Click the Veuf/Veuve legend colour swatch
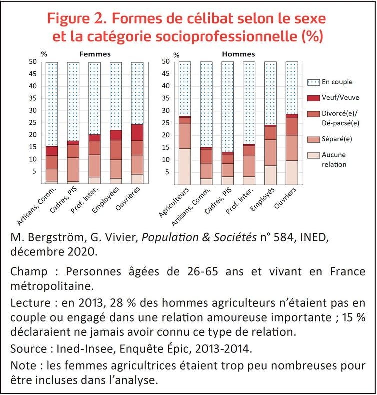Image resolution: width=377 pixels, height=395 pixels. pos(314,97)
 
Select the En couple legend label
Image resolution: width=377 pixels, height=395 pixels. pos(337,82)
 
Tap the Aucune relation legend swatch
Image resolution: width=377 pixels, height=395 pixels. pos(314,155)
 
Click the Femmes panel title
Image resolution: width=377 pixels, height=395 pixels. pos(95,53)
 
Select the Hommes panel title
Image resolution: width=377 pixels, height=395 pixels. pos(239,53)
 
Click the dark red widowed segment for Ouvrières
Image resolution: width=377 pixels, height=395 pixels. pos(137,132)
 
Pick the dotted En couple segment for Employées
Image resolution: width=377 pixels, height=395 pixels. pos(116,95)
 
